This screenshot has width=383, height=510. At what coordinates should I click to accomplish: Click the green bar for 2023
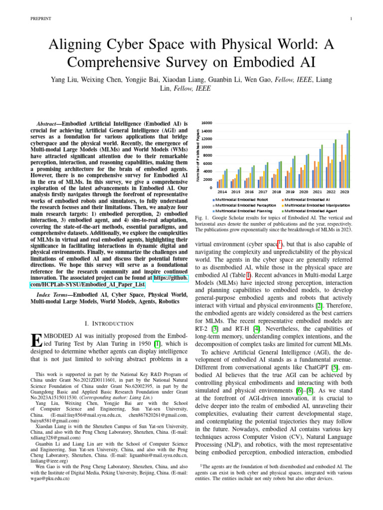click(x=349, y=159)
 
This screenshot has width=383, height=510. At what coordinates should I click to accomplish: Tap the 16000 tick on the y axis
click(x=206, y=123)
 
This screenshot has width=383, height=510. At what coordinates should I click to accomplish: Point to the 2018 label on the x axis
click(x=276, y=192)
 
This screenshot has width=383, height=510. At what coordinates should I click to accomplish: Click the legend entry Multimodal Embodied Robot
click(x=238, y=199)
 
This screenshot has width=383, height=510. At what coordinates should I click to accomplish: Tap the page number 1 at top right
click(x=352, y=19)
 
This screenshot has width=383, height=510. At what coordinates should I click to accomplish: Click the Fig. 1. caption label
click(x=200, y=218)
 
